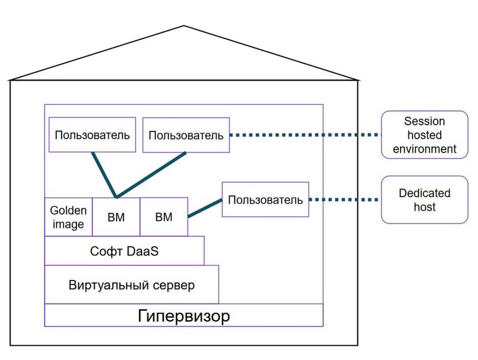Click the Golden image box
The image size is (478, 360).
68,217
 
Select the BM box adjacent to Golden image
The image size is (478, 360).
116,217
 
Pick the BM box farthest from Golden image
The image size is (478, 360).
164,217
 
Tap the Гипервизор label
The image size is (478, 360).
184,316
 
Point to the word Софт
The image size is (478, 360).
106,251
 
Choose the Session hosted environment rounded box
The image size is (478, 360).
424,135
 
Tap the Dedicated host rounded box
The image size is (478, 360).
424,200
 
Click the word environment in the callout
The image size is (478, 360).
424,149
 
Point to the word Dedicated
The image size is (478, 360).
424,193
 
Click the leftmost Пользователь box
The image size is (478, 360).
92,135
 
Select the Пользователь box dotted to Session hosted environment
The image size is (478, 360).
186,135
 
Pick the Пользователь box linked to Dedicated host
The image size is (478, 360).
265,199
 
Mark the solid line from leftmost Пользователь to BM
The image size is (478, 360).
104,174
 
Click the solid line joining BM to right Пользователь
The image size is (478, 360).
205,208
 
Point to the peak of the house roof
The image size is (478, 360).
184,26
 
